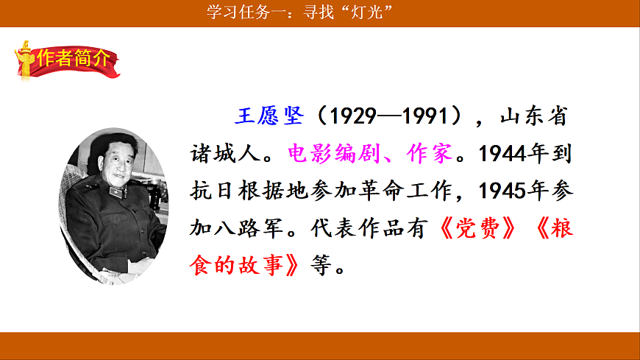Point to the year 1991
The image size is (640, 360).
coord(421,116)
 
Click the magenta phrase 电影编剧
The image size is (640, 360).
coord(327,154)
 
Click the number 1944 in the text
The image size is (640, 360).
coord(502,154)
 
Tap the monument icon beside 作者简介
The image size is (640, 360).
coord(27,60)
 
